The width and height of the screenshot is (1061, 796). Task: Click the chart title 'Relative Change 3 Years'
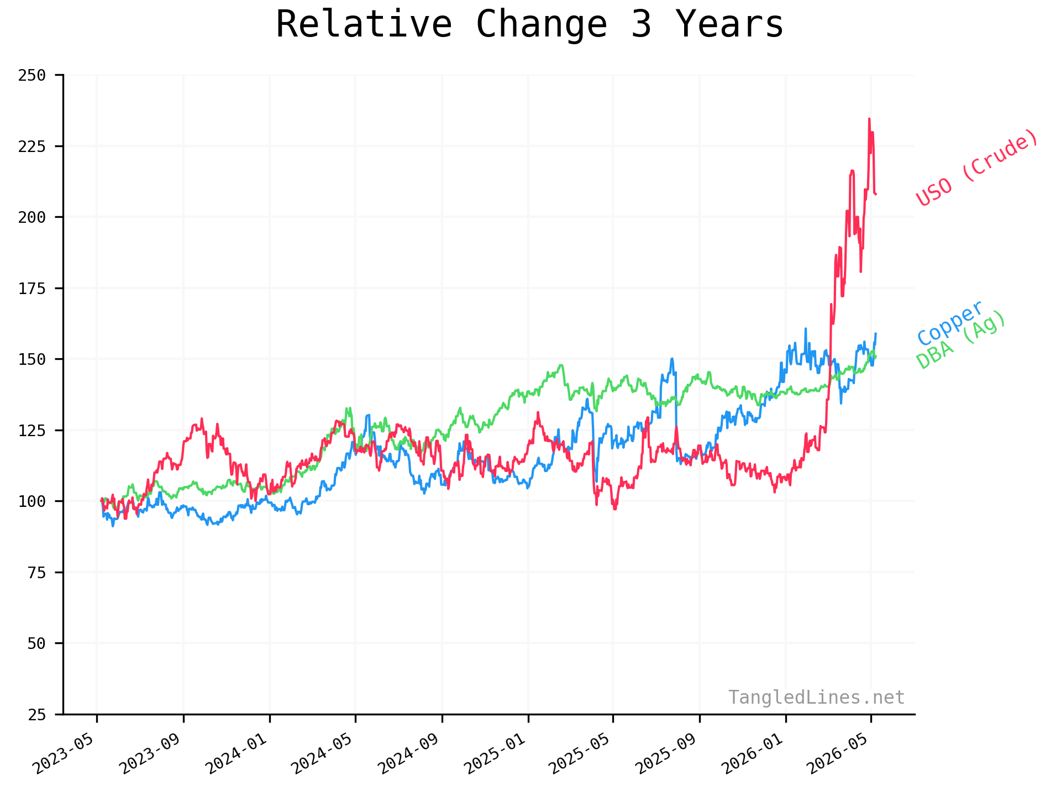pos(529,25)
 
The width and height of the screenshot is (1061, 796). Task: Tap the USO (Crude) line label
pos(977,167)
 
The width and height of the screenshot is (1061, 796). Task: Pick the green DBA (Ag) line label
pos(960,339)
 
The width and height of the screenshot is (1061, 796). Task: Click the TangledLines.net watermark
pos(816,698)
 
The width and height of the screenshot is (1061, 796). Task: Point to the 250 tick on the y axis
pos(31,75)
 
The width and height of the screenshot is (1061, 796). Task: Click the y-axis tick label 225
pos(31,146)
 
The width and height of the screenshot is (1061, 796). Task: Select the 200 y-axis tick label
pos(31,217)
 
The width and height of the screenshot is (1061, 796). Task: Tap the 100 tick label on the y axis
pos(31,501)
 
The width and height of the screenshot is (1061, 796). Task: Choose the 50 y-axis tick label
pos(36,643)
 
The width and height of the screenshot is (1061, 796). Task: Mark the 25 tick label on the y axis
pos(36,715)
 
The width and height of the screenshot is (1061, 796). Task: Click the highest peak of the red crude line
pos(869,118)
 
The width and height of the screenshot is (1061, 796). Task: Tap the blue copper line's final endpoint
pos(876,333)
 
